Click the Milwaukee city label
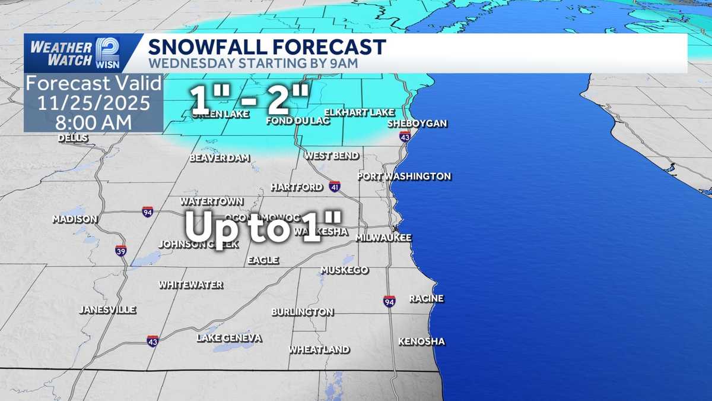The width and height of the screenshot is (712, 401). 383,238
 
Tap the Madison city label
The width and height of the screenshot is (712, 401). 75,219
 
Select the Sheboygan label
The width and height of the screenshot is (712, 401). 417,124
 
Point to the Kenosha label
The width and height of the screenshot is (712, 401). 421,342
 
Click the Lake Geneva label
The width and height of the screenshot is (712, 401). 229,338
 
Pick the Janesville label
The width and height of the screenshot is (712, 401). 108,310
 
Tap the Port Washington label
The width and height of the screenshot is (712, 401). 404,176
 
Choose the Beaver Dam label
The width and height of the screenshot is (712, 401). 220,158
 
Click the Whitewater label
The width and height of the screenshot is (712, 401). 191,285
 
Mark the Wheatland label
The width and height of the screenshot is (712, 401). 319,349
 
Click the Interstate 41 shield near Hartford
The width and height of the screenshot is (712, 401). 335,187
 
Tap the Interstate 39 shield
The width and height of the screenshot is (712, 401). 121,250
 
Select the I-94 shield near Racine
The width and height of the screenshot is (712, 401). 389,301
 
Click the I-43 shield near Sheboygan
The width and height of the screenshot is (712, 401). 405,136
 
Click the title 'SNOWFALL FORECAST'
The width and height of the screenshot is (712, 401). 267,47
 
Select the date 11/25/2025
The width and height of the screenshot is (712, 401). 94,103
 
